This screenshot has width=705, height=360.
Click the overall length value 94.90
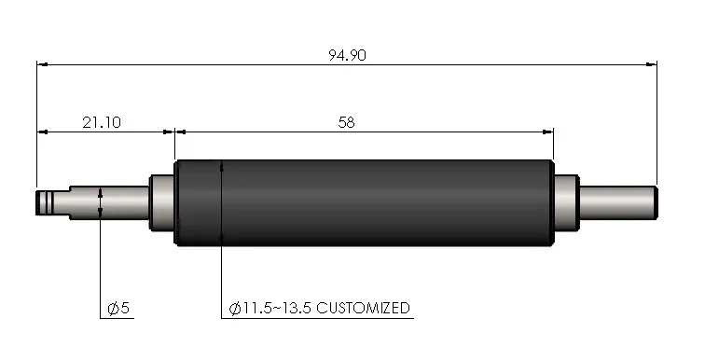click(347, 54)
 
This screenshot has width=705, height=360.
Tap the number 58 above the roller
click(347, 121)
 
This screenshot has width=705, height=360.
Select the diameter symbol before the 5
click(112, 308)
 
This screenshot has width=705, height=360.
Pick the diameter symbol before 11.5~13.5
click(234, 308)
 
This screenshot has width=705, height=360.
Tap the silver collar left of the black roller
click(162, 202)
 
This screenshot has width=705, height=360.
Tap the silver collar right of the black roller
click(565, 202)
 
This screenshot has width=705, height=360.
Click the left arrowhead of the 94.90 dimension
click(42, 64)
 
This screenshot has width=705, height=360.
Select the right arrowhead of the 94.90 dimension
click(652, 64)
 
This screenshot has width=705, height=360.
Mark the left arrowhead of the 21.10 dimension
click(42, 132)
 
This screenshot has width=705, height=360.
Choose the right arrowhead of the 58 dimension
click(548, 132)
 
